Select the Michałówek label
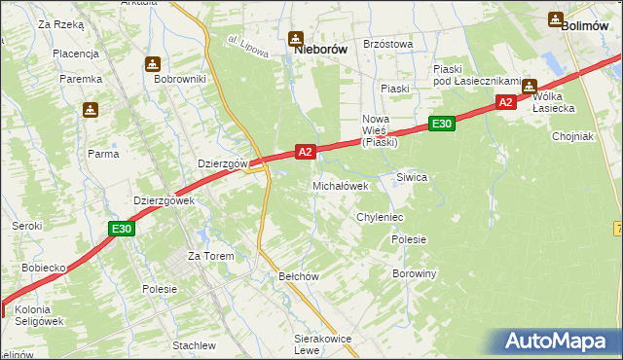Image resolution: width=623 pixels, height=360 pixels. [340, 185]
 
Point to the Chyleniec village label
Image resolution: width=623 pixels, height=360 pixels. [380, 217]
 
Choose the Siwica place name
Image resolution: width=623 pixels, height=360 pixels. [412, 177]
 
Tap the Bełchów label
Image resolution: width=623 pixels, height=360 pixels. [300, 276]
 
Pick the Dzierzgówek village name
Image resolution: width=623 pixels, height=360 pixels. [165, 200]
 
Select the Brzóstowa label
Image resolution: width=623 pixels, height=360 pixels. [387, 44]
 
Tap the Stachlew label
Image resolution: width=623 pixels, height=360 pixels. [194, 345]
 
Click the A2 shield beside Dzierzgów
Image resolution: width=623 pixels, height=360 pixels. [306, 152]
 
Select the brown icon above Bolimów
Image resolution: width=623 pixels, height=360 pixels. [556, 18]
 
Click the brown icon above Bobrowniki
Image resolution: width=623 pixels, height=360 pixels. [153, 64]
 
